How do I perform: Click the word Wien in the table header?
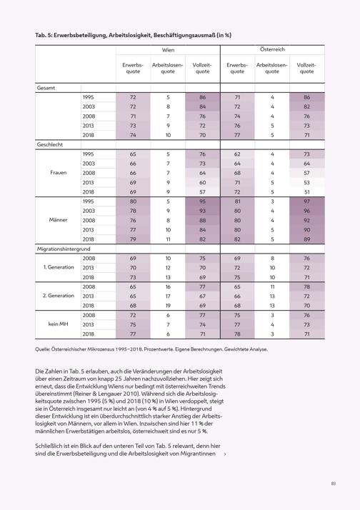(168, 50)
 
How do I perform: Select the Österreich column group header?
(272, 49)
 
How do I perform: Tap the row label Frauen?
(58, 172)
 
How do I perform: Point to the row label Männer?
(58, 220)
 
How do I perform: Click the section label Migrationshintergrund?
(64, 249)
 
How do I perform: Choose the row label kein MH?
(58, 324)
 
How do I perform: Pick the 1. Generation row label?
(59, 267)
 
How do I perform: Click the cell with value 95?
(203, 201)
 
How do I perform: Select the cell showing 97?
(306, 201)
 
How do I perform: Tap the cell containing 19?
(168, 306)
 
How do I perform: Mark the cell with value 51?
(306, 192)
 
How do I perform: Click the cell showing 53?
(306, 182)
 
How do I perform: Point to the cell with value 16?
(168, 286)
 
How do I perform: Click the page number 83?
(334, 484)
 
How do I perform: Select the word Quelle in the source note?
(42, 349)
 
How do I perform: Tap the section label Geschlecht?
(50, 144)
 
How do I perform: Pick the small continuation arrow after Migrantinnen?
(225, 454)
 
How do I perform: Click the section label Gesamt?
(46, 88)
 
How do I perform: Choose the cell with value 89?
(306, 239)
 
